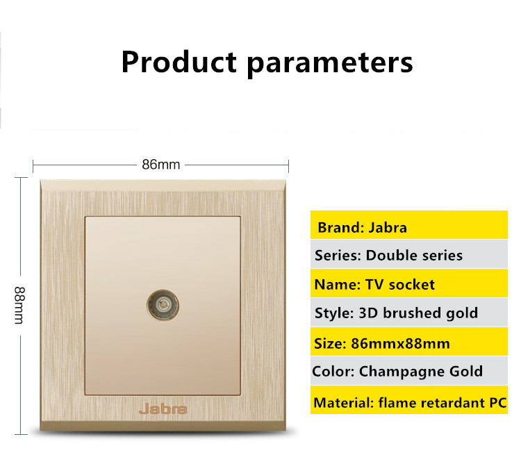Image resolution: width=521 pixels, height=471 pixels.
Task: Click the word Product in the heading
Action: click(x=179, y=62)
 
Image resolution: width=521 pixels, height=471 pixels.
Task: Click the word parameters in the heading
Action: click(x=330, y=63)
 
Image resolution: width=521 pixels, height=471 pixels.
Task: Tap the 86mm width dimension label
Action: click(x=161, y=165)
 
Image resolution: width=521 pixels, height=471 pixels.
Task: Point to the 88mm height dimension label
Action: click(x=19, y=305)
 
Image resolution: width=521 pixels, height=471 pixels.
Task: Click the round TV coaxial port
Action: click(x=163, y=305)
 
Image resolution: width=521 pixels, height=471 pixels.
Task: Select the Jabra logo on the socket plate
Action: click(x=163, y=408)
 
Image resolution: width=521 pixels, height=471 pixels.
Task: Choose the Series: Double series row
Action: click(x=409, y=254)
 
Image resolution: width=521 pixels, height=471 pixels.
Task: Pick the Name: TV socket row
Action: click(x=409, y=283)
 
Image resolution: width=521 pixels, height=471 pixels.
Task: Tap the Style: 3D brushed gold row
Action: click(x=409, y=313)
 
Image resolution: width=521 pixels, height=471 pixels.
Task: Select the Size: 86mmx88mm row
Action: click(x=409, y=342)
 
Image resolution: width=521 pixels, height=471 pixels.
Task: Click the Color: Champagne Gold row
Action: click(x=409, y=371)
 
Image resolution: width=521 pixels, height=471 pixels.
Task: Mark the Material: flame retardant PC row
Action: click(x=409, y=400)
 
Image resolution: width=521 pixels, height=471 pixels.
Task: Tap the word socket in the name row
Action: click(x=411, y=285)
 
